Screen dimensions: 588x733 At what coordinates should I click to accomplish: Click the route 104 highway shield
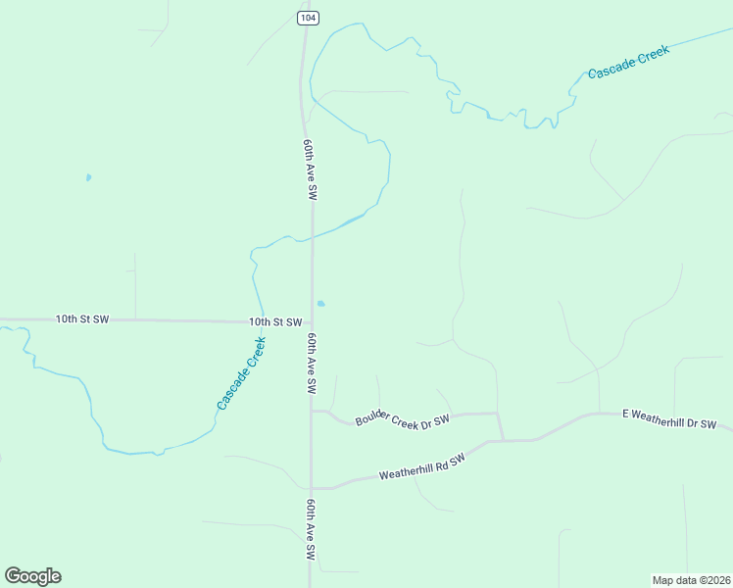[x=308, y=18]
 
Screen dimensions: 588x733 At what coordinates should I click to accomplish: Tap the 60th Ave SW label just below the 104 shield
[x=310, y=170]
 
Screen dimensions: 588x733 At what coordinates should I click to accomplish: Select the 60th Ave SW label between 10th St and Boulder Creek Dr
[x=311, y=363]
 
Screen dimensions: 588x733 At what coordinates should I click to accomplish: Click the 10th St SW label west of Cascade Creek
[x=82, y=318]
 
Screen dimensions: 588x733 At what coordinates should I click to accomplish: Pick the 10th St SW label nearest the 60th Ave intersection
[x=275, y=321]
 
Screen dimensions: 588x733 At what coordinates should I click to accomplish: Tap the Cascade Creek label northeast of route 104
[x=628, y=61]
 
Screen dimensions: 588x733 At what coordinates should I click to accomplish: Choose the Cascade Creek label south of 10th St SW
[x=241, y=373]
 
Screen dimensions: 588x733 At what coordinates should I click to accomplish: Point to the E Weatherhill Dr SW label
[x=669, y=418]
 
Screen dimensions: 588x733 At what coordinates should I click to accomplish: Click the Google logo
[x=32, y=576]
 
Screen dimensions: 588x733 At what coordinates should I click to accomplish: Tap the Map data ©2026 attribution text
[x=691, y=580]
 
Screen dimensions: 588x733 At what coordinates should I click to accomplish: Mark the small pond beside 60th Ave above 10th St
[x=320, y=303]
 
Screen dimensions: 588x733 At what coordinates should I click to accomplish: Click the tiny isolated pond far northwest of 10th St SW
[x=88, y=177]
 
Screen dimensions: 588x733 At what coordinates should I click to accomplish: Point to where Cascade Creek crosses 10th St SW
[x=262, y=321]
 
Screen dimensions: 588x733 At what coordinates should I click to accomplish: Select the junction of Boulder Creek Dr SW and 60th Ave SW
[x=312, y=412]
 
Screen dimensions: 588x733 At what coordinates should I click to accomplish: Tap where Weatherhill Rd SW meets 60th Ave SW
[x=312, y=487]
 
